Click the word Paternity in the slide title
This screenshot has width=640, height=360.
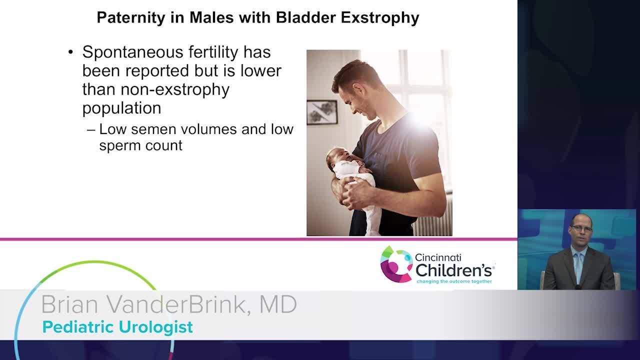coord(131,17)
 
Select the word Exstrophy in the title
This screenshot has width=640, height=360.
coord(379,17)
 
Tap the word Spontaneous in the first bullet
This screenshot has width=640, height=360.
coord(133,53)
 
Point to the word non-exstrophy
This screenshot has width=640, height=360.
coord(175,89)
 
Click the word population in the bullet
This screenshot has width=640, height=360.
coord(121,108)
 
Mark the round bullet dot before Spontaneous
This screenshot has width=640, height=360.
coord(70,52)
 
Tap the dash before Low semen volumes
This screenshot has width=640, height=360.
coord(91,130)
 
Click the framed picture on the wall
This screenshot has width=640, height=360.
coord(322,112)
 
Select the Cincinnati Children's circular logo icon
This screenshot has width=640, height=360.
coord(396,264)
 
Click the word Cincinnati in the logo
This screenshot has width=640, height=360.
coord(438,257)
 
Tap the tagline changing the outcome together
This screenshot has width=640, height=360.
coord(454,281)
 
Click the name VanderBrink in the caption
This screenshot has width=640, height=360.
coord(175,305)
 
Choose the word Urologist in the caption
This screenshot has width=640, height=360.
coord(155,327)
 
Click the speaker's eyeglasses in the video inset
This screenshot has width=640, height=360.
coord(581,228)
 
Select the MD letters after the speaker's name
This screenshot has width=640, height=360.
coord(278,304)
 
